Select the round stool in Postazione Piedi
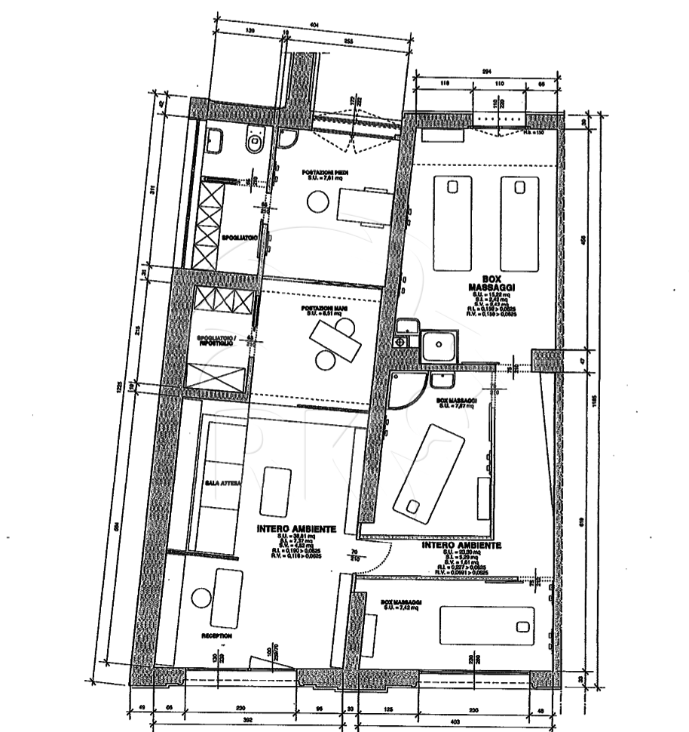coord(317,201)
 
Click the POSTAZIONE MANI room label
coord(320,310)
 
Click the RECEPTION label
coord(216,636)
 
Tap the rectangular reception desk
coord(228,598)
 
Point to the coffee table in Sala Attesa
coord(275,491)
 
